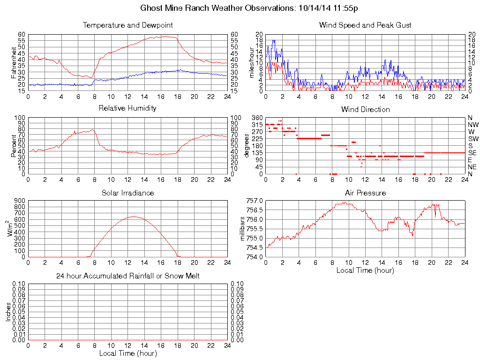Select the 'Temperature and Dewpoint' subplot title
tap(127, 25)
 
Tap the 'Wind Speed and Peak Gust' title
tap(365, 25)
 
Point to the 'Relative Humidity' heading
tap(127, 108)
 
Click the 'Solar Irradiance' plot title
tap(127, 193)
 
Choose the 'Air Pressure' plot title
tap(365, 193)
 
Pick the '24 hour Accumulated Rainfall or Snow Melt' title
tap(127, 276)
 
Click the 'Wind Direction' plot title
tap(365, 109)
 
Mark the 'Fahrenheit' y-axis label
tap(13, 63)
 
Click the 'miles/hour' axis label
tap(251, 63)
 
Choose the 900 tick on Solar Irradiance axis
tap(20, 201)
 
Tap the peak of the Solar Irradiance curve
tap(133, 217)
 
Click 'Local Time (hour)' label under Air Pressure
tap(365, 270)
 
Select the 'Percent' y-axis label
tap(13, 146)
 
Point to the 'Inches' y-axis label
tap(8, 312)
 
